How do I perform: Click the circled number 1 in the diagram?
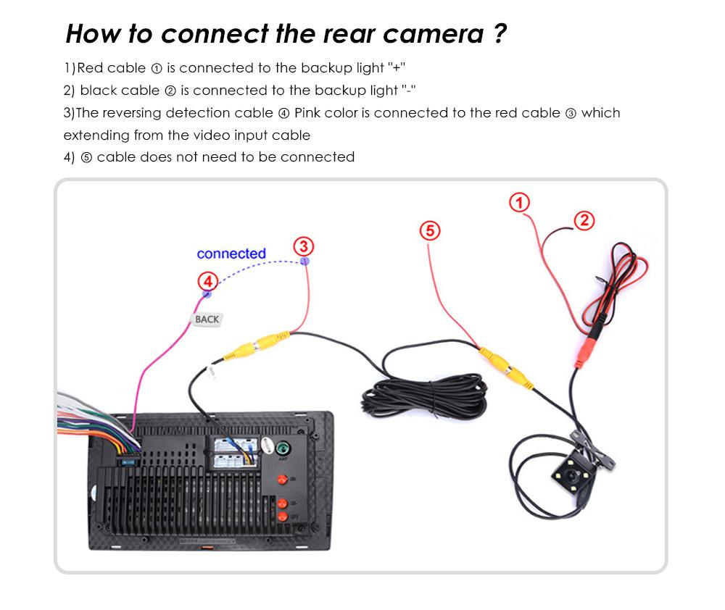(x=520, y=202)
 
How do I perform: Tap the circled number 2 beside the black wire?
(x=584, y=220)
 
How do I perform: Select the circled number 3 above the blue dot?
(x=304, y=246)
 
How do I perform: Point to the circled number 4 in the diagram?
(x=207, y=280)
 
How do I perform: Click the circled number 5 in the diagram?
(x=430, y=230)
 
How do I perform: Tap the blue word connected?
(x=231, y=254)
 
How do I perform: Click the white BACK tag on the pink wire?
(x=206, y=319)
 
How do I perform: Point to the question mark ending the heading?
(x=499, y=34)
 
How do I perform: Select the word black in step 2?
(x=99, y=91)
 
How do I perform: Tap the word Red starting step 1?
(x=90, y=68)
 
